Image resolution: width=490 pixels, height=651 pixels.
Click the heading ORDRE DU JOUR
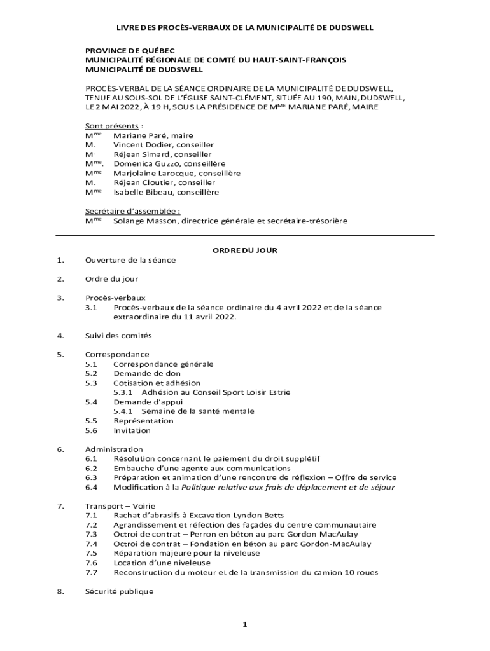(x=244, y=250)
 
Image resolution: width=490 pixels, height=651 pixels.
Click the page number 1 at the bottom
(x=244, y=625)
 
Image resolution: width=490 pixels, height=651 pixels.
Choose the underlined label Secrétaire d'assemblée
(x=132, y=211)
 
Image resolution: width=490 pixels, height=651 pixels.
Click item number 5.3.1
(x=123, y=392)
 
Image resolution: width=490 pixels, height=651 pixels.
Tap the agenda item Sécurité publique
(x=120, y=591)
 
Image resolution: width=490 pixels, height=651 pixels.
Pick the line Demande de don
(x=147, y=374)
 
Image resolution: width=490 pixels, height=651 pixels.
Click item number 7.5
(x=91, y=553)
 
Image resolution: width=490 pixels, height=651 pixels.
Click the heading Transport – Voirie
(x=116, y=505)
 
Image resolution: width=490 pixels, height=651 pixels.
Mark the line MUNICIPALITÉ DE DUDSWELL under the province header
(x=144, y=69)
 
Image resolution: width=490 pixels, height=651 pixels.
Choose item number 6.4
(x=91, y=487)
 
